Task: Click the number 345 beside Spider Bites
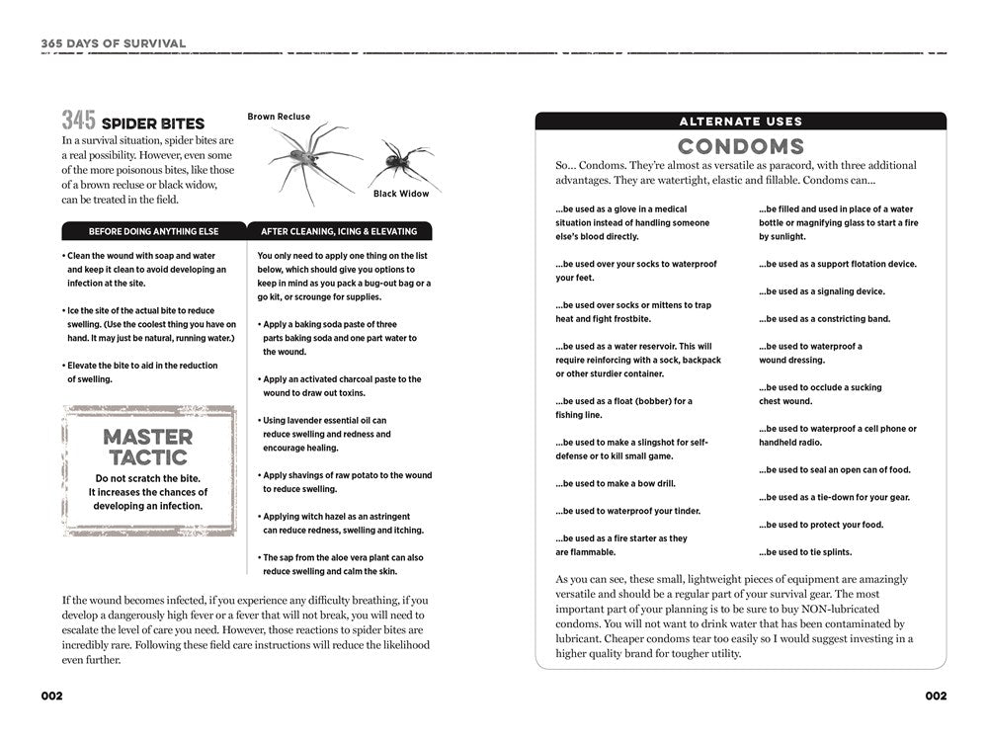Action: pyautogui.click(x=78, y=122)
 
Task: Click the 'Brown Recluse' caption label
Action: pyautogui.click(x=279, y=117)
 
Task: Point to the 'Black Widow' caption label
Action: pyautogui.click(x=401, y=194)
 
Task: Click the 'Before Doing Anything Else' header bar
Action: pyautogui.click(x=153, y=231)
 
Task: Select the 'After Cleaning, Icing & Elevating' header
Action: pyautogui.click(x=339, y=231)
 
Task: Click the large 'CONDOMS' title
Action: pyautogui.click(x=741, y=147)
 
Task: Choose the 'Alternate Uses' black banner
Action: pyautogui.click(x=741, y=122)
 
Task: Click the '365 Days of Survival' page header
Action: pyautogui.click(x=114, y=43)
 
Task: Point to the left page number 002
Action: pyautogui.click(x=51, y=696)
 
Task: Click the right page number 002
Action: pyautogui.click(x=936, y=696)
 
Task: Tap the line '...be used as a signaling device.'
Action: pyautogui.click(x=822, y=291)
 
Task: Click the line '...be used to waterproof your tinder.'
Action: pyautogui.click(x=627, y=511)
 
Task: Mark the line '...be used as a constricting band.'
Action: pyautogui.click(x=824, y=319)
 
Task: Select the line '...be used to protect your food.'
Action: pyautogui.click(x=821, y=525)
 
